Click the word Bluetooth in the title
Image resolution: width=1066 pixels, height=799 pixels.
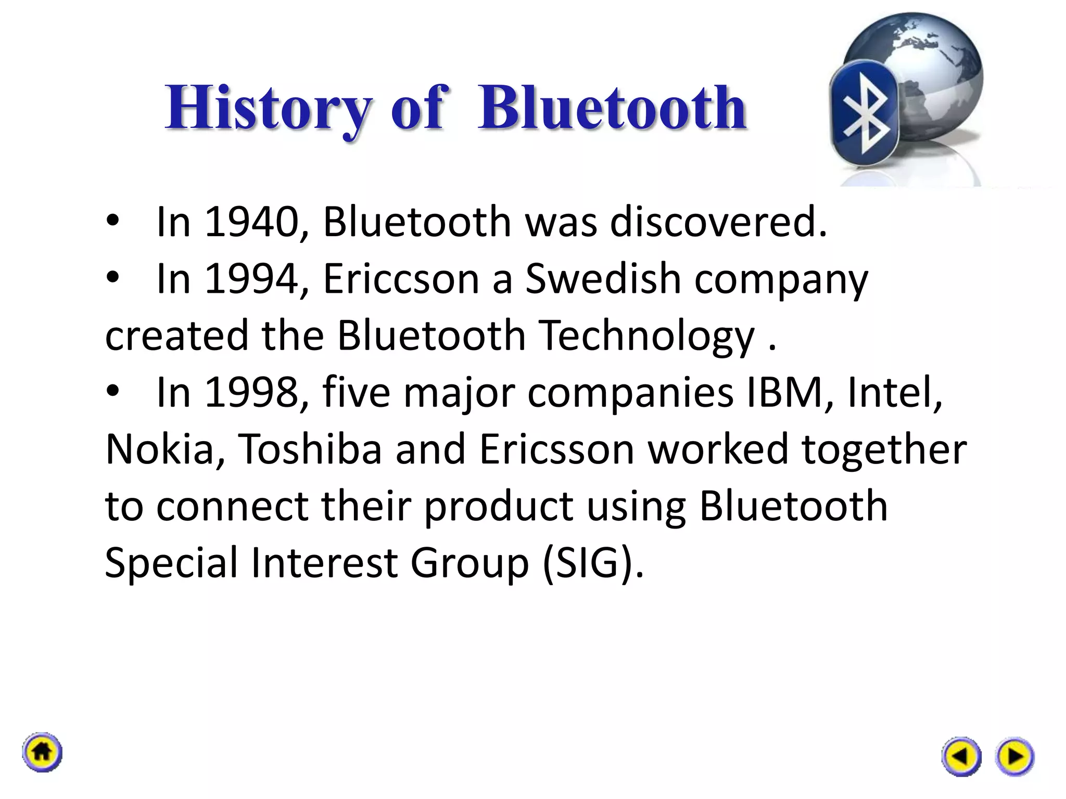click(x=612, y=108)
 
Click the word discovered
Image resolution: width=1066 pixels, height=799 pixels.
click(x=718, y=222)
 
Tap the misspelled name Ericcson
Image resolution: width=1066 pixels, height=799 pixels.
click(x=401, y=279)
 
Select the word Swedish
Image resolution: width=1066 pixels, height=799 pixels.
click(x=603, y=279)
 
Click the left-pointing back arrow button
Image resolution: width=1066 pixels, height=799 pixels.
click(x=961, y=756)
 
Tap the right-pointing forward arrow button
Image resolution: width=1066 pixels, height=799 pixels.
click(x=1014, y=756)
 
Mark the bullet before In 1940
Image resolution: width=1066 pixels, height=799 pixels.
click(x=112, y=222)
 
